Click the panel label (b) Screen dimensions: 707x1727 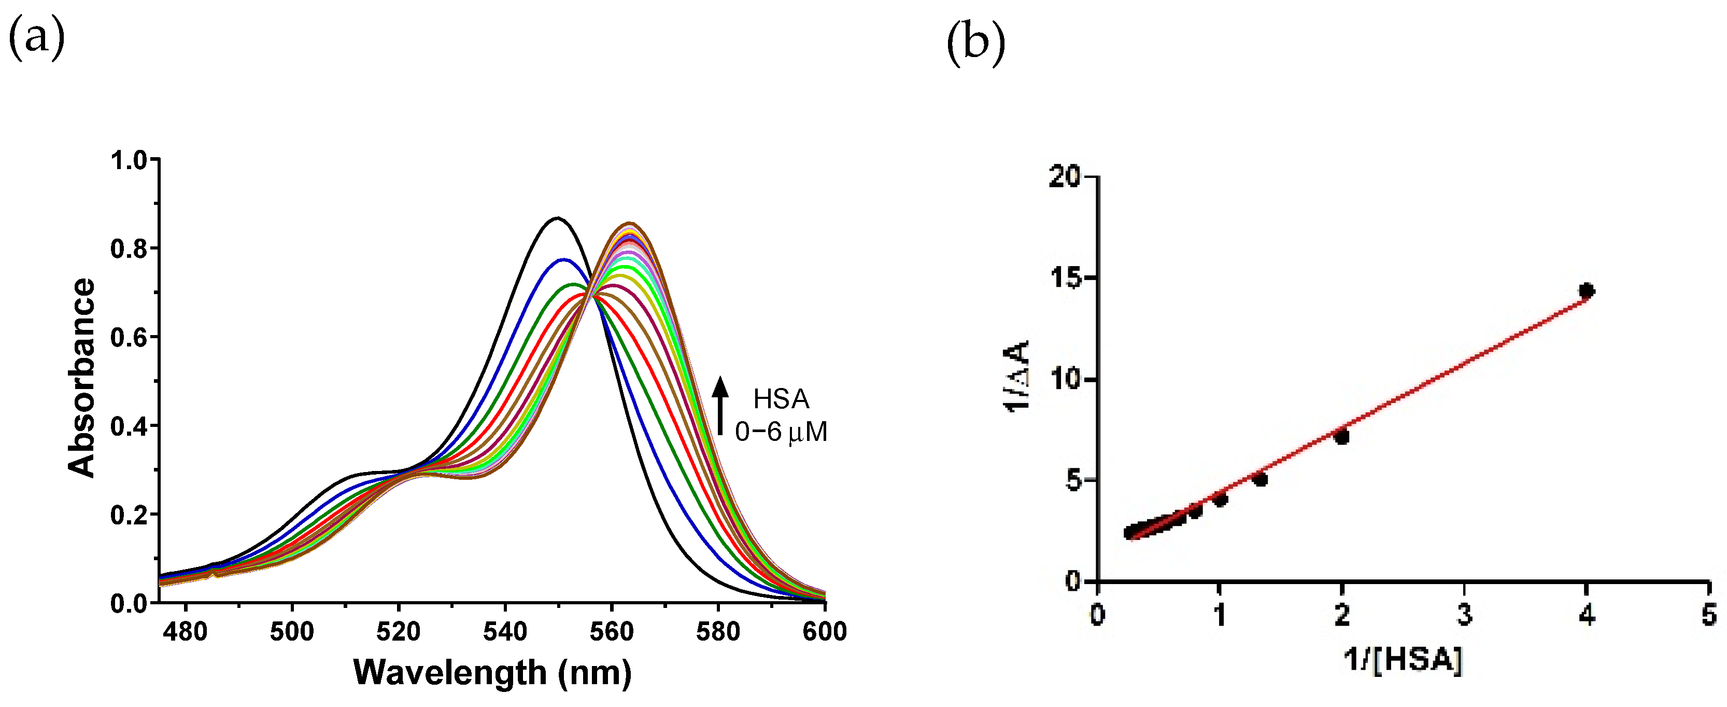[975, 43]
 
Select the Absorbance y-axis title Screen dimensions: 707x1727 [82, 378]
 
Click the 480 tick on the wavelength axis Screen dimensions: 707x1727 [186, 631]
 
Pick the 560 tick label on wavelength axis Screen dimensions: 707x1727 [612, 631]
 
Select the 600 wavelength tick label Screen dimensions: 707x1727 [824, 631]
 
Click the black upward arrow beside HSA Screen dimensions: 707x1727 [720, 405]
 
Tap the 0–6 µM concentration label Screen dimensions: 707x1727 [781, 432]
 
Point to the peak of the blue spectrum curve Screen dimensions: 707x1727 [564, 259]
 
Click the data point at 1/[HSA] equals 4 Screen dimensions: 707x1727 [1586, 291]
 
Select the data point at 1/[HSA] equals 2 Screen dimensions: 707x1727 [1341, 437]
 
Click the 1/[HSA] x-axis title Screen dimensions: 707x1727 [1403, 659]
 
